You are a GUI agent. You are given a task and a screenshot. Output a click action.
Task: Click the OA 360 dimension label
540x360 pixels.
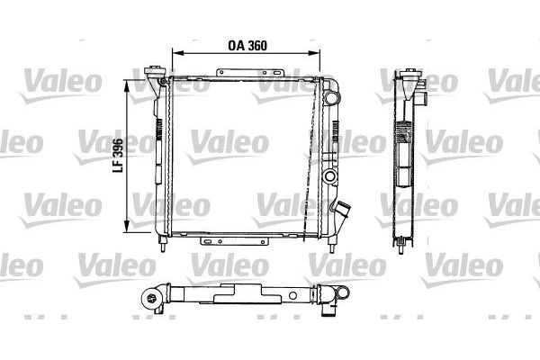click(x=247, y=46)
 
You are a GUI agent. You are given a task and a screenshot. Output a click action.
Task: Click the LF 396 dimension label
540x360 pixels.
click(x=118, y=156)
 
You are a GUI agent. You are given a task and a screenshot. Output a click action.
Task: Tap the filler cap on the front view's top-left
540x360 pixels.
click(x=154, y=71)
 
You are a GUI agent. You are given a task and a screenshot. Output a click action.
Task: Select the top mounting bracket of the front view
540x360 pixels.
click(x=250, y=73)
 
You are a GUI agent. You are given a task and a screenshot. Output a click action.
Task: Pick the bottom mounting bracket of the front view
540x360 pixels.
click(x=234, y=241)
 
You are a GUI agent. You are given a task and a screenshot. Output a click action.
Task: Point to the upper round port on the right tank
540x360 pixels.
click(x=331, y=97)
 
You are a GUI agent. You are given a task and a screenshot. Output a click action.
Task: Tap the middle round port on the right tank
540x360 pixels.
click(x=329, y=176)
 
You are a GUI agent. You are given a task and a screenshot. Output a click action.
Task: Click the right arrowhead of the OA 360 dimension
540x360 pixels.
click(x=314, y=53)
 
